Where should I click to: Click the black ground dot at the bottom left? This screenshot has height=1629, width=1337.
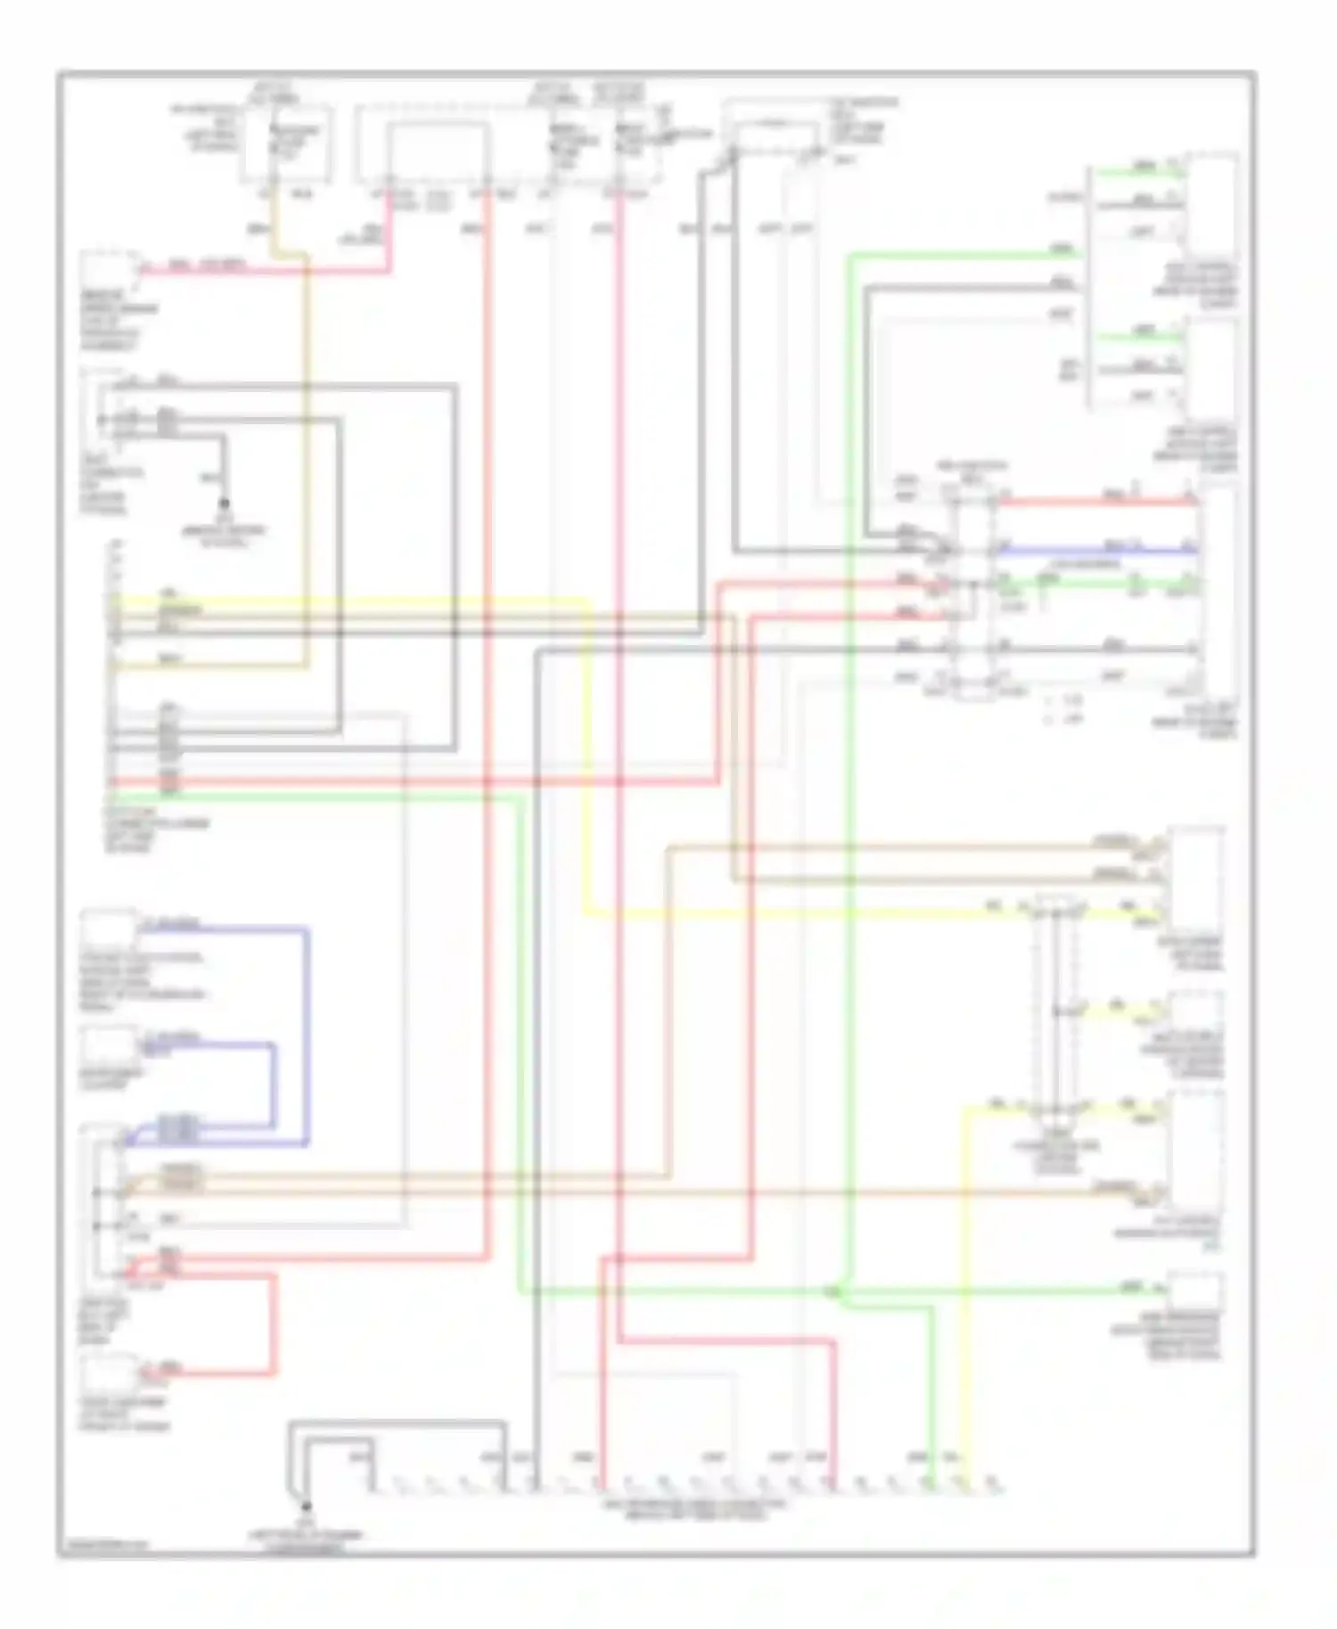tap(306, 1507)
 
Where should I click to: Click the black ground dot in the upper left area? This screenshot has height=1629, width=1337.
tap(225, 503)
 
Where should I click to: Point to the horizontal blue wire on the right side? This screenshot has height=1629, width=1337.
tap(1096, 551)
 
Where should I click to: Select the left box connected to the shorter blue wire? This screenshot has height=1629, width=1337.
tap(109, 1044)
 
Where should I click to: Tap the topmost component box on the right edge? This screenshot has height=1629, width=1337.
tap(1210, 205)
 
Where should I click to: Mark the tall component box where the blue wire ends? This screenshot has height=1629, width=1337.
tap(1216, 588)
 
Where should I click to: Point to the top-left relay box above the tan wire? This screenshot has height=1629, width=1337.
tap(287, 143)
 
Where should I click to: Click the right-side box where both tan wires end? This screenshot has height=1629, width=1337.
tap(1196, 878)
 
